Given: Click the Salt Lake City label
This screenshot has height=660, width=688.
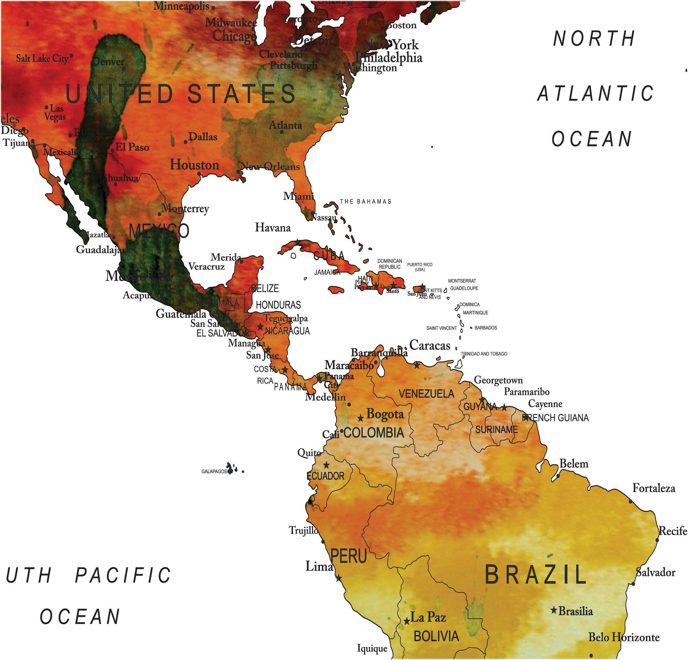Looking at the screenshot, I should pyautogui.click(x=42, y=58).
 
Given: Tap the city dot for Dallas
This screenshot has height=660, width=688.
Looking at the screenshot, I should pyautogui.click(x=186, y=142).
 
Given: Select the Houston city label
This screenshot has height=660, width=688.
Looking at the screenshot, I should pyautogui.click(x=195, y=165).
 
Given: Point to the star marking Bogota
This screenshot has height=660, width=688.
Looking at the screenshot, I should pyautogui.click(x=361, y=418).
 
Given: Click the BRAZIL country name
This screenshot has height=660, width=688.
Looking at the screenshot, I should pyautogui.click(x=535, y=574).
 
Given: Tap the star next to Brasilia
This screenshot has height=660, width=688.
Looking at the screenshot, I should pyautogui.click(x=554, y=610).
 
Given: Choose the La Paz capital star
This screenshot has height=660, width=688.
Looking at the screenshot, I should pyautogui.click(x=407, y=621).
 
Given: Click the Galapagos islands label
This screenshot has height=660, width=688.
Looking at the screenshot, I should pyautogui.click(x=214, y=471).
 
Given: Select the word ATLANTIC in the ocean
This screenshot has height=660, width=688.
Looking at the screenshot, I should pyautogui.click(x=596, y=94).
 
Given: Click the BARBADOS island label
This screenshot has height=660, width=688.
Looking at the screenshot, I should pyautogui.click(x=486, y=328).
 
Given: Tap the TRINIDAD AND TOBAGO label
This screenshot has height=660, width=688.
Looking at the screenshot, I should pyautogui.click(x=484, y=354).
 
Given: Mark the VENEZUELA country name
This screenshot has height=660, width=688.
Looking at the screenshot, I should pyautogui.click(x=427, y=394).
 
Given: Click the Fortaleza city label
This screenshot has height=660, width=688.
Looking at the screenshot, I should pyautogui.click(x=654, y=488).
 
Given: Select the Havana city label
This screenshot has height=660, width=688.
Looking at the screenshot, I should pyautogui.click(x=273, y=227).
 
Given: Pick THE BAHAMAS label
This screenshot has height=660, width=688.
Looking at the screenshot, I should pyautogui.click(x=365, y=201).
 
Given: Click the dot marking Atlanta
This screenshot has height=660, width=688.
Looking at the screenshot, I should pyautogui.click(x=282, y=132).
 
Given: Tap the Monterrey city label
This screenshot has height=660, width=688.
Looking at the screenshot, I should pyautogui.click(x=185, y=209).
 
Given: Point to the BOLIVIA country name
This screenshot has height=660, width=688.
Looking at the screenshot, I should pyautogui.click(x=436, y=636).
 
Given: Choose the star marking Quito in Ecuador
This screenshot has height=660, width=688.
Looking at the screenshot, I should pyautogui.click(x=326, y=465).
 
